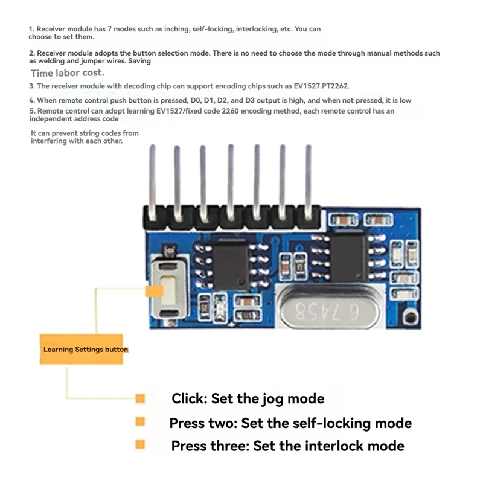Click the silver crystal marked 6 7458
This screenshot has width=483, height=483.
(328, 310)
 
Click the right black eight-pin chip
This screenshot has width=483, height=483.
(348, 256)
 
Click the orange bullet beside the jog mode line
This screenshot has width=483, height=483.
(141, 398)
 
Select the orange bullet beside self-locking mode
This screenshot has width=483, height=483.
(141, 421)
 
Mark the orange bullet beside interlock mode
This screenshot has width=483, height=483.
(141, 445)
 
